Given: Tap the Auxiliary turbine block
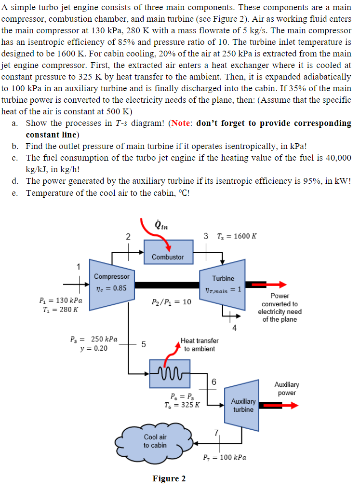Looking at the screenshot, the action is coord(243,405).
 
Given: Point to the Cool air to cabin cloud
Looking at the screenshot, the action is coord(155,441).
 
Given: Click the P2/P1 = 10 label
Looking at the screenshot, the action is coord(171,302).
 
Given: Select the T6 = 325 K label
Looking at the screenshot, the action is coord(179,405).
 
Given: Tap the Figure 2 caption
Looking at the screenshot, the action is coord(169,478).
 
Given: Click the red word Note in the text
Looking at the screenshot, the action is coord(182,123).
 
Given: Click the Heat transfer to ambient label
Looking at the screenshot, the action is coord(200,344).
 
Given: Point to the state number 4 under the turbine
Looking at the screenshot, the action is coord(234,329).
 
